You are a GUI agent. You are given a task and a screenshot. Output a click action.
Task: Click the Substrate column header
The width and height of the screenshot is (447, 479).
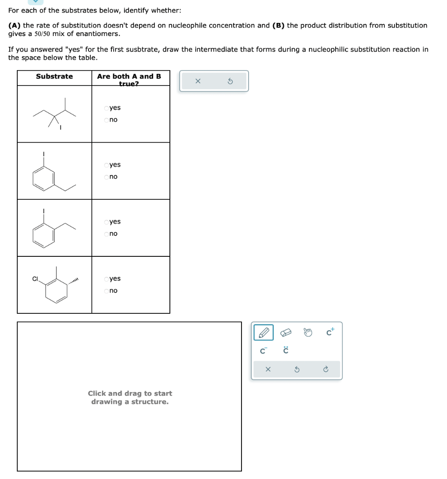pos(54,76)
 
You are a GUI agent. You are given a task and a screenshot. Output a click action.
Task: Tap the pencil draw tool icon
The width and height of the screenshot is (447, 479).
pos(264,333)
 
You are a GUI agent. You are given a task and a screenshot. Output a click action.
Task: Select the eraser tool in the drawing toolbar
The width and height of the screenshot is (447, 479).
pos(285,333)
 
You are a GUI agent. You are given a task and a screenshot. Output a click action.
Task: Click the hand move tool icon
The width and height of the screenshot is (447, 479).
pos(308,333)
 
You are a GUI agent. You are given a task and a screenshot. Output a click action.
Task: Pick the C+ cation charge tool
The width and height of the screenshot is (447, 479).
pos(330,332)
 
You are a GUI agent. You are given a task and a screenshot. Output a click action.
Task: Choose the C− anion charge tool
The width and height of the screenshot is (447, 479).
pos(264,350)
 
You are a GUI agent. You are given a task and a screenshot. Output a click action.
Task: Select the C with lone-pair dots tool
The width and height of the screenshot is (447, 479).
pos(285,350)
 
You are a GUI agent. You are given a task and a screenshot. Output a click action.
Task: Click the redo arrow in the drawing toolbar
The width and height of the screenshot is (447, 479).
pos(326,370)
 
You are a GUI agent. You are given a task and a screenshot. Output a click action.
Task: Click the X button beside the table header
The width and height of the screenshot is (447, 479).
pos(198,81)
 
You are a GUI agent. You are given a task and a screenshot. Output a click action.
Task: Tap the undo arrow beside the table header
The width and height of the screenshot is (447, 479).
pos(230,81)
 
